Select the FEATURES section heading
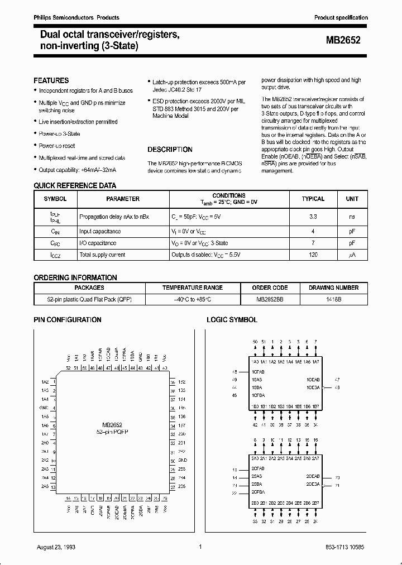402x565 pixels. point(51,80)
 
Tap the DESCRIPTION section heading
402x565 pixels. point(170,150)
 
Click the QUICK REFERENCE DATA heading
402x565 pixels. point(75,185)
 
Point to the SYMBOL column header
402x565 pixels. point(55,199)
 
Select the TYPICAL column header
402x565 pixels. point(313,199)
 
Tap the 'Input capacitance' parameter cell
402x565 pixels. point(100,231)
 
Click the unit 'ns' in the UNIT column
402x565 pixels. point(352,215)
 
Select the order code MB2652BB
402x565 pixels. point(269,299)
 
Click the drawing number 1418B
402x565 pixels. point(333,299)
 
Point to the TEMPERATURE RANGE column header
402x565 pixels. point(192,288)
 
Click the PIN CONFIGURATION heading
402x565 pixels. point(68,320)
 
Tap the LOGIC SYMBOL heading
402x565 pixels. point(232,320)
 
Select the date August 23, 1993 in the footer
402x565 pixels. point(57,547)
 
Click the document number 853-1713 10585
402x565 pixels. point(342,547)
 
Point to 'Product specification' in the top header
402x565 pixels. point(341,18)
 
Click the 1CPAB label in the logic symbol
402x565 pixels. point(258,371)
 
